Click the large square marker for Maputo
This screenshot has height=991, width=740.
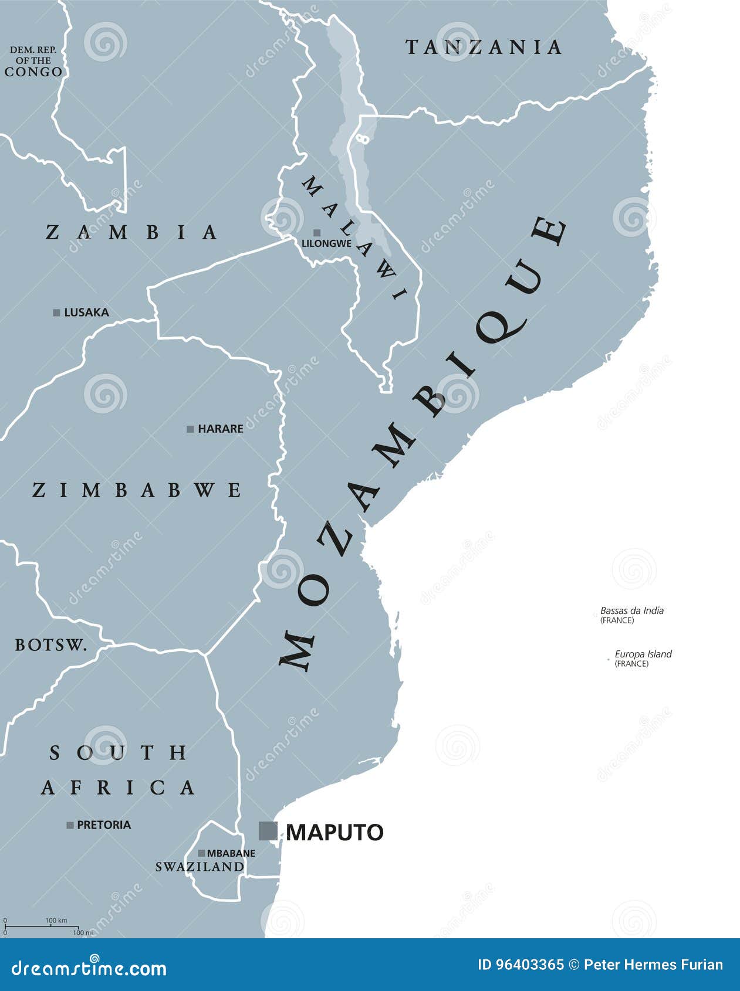coord(268,831)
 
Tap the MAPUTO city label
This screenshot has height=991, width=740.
coord(334,832)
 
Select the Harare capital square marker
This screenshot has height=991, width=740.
coord(190,429)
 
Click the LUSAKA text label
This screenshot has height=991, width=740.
coord(86,313)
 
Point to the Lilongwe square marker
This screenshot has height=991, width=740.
coord(317,233)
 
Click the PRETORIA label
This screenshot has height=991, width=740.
coord(104,825)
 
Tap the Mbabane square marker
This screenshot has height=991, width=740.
coord(201,853)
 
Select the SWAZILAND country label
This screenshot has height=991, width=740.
coord(200,867)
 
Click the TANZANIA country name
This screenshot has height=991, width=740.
coord(484,47)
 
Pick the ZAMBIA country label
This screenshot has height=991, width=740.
coord(132,232)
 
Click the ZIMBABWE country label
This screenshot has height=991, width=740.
coord(137,490)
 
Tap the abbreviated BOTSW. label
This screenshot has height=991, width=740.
coord(51,645)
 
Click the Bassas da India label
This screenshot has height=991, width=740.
coord(631,610)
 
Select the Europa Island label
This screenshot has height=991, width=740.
coord(643,654)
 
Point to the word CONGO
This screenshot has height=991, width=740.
coord(33,72)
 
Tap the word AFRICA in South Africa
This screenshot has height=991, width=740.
coord(118,788)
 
